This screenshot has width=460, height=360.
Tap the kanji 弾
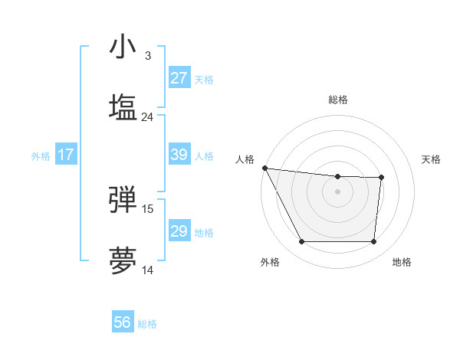point(123,199)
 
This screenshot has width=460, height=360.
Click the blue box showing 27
point(179,78)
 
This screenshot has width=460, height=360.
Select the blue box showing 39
point(179,155)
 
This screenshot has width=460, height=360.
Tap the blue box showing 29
point(179,231)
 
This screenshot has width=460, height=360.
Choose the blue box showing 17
point(66,155)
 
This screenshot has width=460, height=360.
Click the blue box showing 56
point(123,322)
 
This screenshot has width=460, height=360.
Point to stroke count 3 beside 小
point(148,56)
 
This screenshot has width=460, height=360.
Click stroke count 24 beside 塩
point(148,117)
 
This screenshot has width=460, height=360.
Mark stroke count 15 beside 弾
point(148,208)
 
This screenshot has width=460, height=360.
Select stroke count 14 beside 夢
point(148,270)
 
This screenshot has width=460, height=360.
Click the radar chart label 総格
point(338,100)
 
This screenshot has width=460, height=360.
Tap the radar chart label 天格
point(431,159)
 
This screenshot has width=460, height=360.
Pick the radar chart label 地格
point(402,262)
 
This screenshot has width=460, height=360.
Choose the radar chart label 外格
point(270,262)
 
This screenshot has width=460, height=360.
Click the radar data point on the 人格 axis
point(264,168)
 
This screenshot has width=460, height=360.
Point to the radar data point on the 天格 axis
point(381,178)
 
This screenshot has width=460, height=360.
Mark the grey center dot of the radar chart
point(338,191)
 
